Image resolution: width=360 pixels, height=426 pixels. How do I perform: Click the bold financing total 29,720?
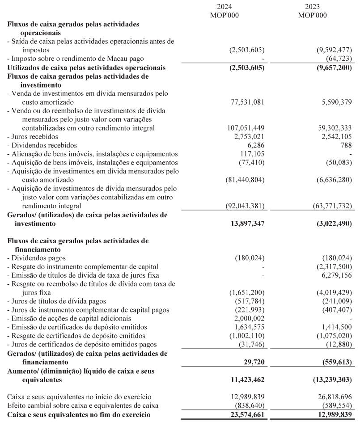[x=253, y=362]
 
